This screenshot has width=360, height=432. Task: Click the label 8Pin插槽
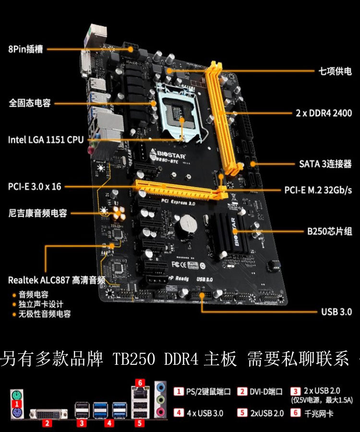tap(25, 49)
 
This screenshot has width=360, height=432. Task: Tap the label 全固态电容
tap(29, 103)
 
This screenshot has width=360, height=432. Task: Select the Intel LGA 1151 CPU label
tap(46, 140)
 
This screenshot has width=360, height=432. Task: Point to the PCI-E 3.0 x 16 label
tap(35, 186)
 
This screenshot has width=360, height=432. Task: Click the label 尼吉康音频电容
tap(37, 213)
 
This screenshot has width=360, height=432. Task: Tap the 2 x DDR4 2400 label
tap(324, 113)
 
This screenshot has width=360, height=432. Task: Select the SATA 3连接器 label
tap(325, 164)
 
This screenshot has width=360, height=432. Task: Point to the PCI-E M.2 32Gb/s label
tap(318, 190)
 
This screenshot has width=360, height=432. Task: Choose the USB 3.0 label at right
tap(336, 312)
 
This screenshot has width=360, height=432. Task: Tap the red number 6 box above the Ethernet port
tap(140, 383)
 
